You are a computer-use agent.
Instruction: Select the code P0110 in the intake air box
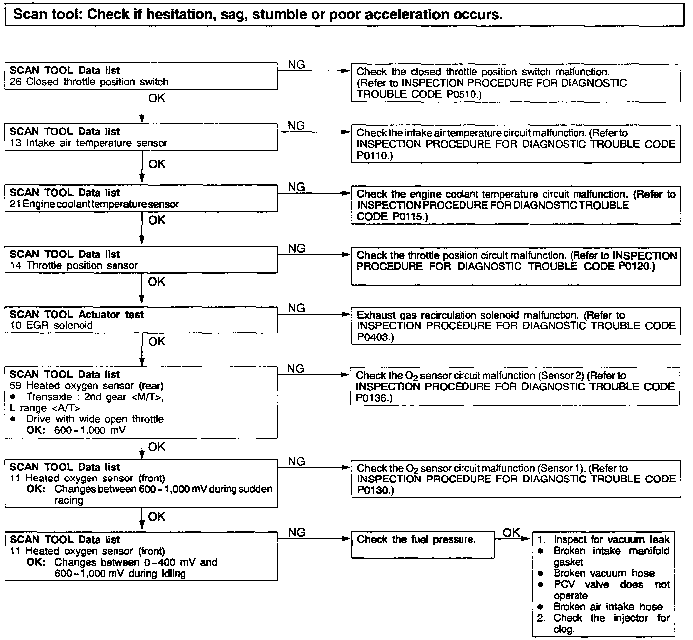374,156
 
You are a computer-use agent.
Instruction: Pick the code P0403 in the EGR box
374,337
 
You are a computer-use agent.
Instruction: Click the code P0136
374,398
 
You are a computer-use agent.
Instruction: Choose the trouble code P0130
374,490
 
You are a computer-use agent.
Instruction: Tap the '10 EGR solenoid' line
51,325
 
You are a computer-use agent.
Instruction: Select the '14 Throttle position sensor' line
74,265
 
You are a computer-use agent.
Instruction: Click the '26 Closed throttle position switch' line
89,82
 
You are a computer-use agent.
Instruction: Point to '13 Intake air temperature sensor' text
88,143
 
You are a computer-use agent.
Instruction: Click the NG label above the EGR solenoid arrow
296,308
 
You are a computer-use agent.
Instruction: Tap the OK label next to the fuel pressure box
511,533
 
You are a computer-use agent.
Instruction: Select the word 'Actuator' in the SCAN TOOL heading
99,314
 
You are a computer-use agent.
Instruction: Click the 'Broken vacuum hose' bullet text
604,573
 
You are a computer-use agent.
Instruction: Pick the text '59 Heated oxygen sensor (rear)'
87,385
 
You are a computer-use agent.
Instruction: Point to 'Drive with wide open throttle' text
95,419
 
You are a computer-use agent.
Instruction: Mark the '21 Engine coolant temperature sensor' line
94,204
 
